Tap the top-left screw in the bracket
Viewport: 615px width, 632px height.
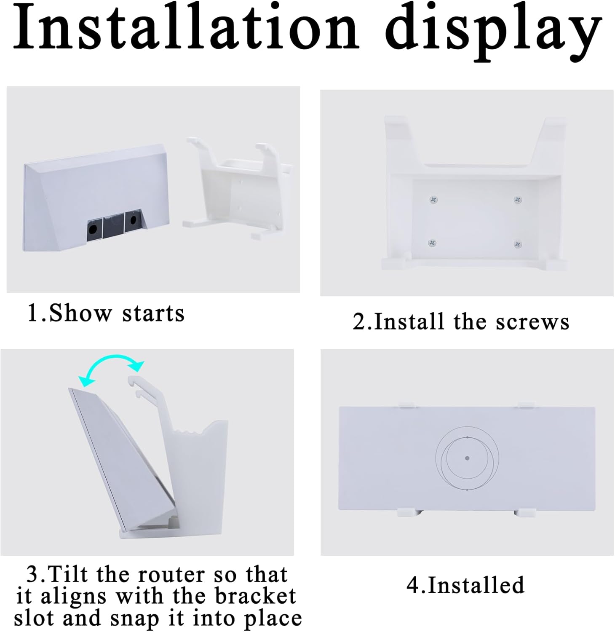pos(433,200)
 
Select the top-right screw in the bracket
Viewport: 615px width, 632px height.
pos(518,200)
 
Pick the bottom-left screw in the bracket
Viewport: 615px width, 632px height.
pos(432,243)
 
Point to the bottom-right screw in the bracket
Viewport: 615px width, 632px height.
pos(518,244)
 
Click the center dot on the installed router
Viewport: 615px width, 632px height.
pos(467,458)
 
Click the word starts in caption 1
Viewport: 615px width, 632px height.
pos(153,314)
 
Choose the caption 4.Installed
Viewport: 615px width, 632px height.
pos(465,585)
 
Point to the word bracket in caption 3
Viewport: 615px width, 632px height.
pos(255,597)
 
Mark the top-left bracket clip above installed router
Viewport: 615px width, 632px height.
pos(407,405)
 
